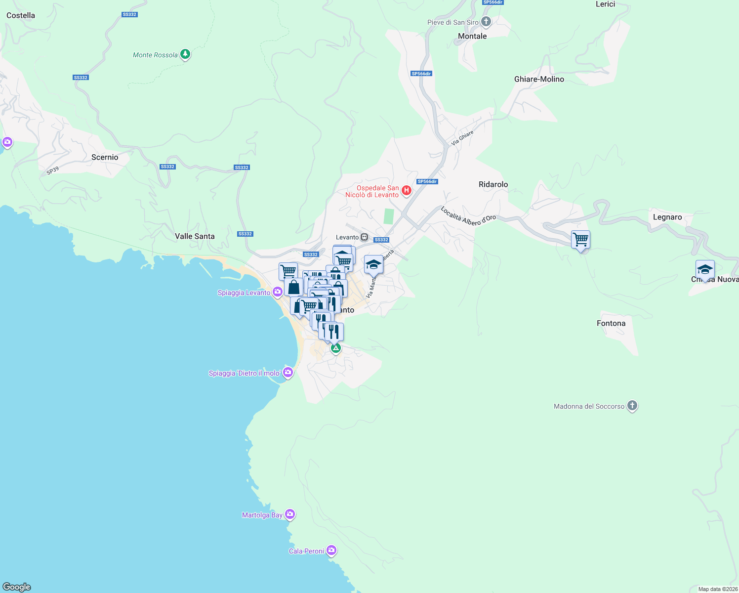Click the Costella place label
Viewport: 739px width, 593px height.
(21, 15)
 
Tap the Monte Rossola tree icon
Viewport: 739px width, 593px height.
(185, 54)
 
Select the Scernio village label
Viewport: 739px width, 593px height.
(105, 157)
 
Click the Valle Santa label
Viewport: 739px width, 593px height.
(195, 236)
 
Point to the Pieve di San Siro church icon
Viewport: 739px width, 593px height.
(486, 22)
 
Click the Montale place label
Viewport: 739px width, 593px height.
(472, 36)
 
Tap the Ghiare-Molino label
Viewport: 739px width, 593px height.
(539, 79)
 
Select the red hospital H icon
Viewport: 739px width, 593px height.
(406, 190)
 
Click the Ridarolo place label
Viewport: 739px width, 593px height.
(493, 184)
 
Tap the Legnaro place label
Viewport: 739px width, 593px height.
(667, 217)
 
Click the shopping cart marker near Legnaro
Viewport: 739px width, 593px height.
(581, 240)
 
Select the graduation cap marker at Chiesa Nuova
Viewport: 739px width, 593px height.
(705, 270)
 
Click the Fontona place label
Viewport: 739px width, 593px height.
(611, 323)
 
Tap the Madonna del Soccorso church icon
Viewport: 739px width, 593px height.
(632, 406)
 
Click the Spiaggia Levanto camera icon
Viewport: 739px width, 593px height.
(278, 292)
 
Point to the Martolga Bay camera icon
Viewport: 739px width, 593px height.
(290, 514)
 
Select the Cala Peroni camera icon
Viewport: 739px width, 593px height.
(331, 551)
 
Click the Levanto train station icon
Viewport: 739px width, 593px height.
(365, 237)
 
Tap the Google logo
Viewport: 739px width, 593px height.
(17, 587)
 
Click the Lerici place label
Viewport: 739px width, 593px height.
(605, 4)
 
